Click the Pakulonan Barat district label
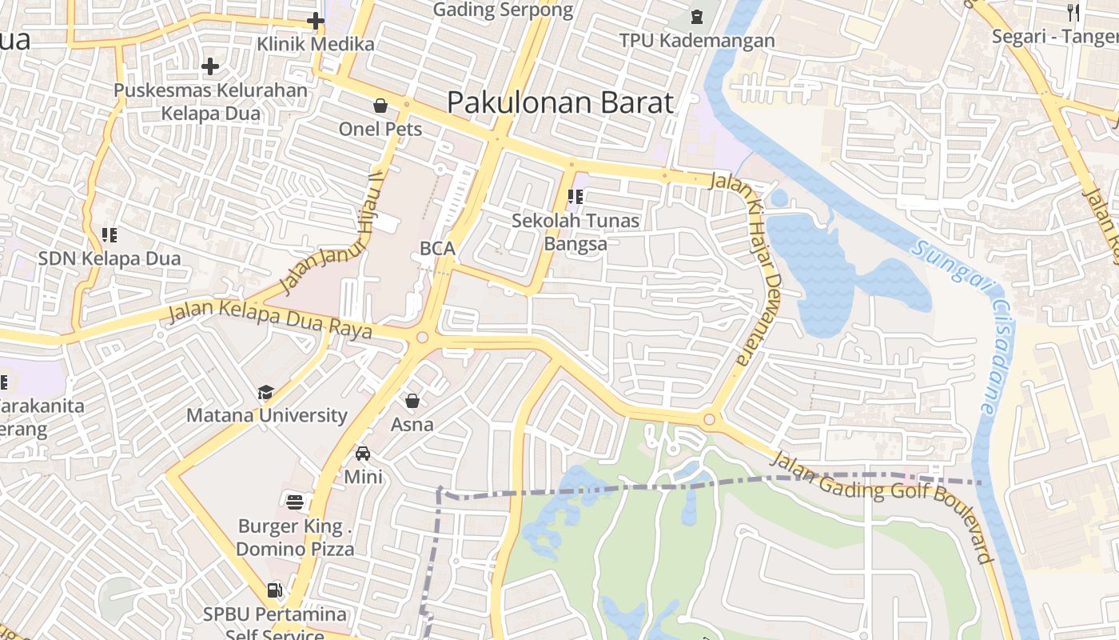click(559, 103)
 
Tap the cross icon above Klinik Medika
click(316, 21)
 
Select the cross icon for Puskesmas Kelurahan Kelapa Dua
click(210, 66)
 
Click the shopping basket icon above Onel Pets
click(380, 106)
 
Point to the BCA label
click(437, 249)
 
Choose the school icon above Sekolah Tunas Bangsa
click(575, 196)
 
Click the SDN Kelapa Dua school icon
click(110, 235)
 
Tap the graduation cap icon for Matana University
click(265, 392)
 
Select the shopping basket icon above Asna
click(412, 401)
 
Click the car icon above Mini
click(363, 454)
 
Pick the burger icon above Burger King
click(295, 502)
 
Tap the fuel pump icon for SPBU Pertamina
click(274, 590)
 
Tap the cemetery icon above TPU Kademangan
click(697, 16)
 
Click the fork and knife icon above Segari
click(1073, 12)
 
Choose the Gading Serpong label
click(503, 10)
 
